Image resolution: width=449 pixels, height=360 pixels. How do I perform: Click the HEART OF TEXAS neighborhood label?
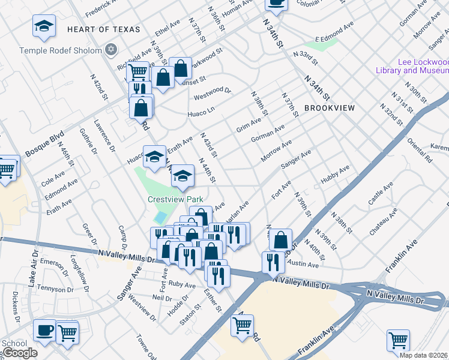coord(103,29)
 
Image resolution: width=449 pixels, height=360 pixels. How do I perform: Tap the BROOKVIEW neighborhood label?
coord(330,108)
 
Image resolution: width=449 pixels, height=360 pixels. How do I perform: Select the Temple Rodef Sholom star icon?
coord(110,50)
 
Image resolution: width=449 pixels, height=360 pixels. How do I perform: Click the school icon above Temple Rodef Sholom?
coord(43,26)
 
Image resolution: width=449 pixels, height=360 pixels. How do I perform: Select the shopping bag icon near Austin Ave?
coord(280,240)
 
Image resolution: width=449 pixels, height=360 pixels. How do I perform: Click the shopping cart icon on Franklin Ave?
coord(398,340)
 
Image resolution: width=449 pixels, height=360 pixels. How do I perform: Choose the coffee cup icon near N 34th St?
coord(276,3)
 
